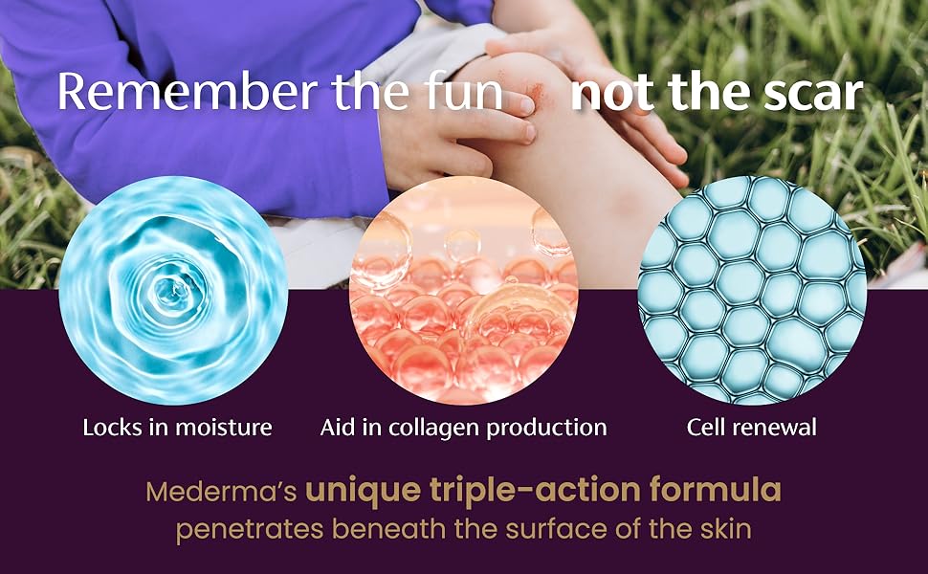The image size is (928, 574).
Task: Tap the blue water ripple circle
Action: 174,291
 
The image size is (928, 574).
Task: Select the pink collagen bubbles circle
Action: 464,291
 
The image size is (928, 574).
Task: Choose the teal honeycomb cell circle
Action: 753,291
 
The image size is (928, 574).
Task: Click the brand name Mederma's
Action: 221,492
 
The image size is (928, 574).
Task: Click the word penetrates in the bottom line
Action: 250,529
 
